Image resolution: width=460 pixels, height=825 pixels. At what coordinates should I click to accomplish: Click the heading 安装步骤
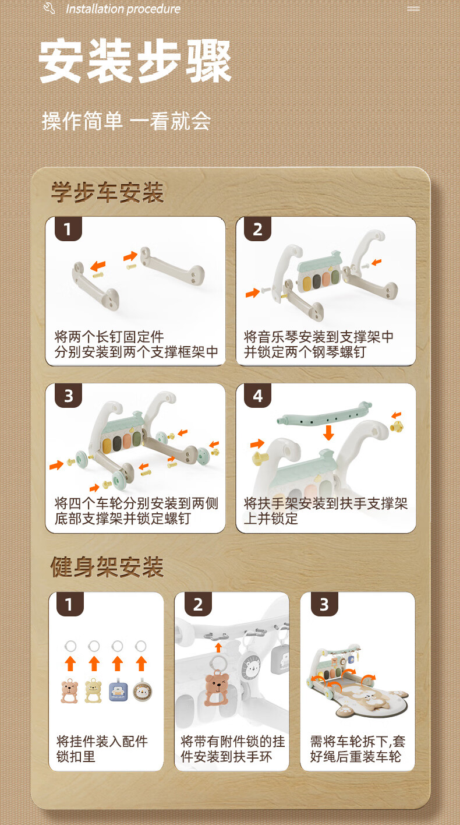point(135,61)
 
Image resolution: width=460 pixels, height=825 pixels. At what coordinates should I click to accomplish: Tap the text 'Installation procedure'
point(123,9)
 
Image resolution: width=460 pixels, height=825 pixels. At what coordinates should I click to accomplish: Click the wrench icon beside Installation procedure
point(49,8)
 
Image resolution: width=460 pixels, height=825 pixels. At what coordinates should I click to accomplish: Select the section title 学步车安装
point(108,192)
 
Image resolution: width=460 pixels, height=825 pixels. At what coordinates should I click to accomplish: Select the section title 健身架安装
point(107,567)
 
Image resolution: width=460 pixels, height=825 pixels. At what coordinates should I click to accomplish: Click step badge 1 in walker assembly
point(68,229)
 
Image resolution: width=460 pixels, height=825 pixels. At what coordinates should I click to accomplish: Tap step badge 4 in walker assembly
point(258,396)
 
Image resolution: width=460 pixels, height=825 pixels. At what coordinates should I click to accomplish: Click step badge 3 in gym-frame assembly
point(324,604)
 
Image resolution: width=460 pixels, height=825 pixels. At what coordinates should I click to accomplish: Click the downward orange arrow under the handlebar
point(328,432)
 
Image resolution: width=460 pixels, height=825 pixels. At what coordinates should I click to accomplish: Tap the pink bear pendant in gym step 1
point(70,691)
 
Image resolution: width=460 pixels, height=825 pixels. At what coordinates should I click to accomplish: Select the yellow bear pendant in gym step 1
point(94,691)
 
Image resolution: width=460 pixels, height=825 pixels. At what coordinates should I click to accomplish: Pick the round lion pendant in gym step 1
point(141,690)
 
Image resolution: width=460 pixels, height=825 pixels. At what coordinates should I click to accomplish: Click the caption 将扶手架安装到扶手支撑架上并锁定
point(325,511)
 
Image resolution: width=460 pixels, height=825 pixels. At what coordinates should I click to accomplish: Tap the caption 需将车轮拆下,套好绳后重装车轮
point(358,749)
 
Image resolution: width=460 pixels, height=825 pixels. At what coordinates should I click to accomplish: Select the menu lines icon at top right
point(413,9)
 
